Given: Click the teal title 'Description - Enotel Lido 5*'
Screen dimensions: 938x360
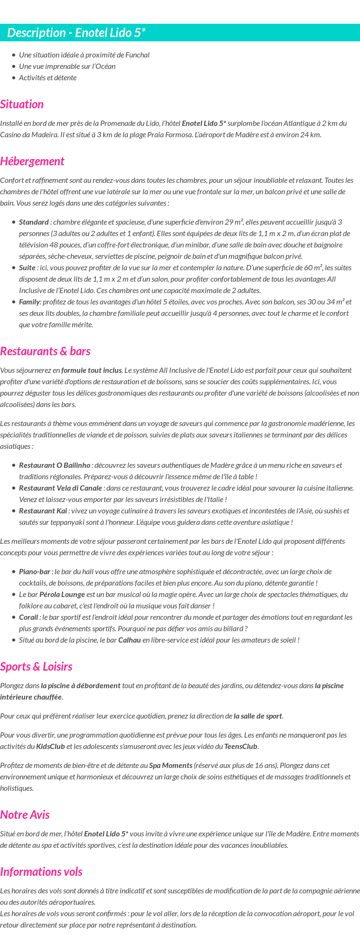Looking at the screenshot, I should (x=76, y=33).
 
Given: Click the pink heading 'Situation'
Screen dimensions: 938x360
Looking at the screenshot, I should (x=22, y=104).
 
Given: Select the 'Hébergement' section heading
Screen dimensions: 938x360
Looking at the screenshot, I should (x=32, y=161).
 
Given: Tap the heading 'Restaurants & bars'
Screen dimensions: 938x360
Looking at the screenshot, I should (x=45, y=351).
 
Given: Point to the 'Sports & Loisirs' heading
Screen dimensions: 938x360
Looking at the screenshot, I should (x=36, y=667).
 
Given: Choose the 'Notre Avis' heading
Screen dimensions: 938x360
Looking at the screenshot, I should (x=25, y=815).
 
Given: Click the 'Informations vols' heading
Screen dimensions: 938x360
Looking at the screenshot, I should (x=41, y=872).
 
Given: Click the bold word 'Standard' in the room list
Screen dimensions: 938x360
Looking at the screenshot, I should (x=34, y=222).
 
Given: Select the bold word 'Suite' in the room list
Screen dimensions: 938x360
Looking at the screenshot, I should (x=27, y=268).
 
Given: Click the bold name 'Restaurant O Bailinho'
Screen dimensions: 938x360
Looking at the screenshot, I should (x=55, y=465).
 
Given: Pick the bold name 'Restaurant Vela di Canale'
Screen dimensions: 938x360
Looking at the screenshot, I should (x=61, y=488).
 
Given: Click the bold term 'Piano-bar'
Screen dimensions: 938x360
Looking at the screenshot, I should (x=35, y=572).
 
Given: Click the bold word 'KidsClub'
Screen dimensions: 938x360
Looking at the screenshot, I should (x=50, y=747).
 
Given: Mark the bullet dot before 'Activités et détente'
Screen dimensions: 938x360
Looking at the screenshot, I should (x=14, y=78).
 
